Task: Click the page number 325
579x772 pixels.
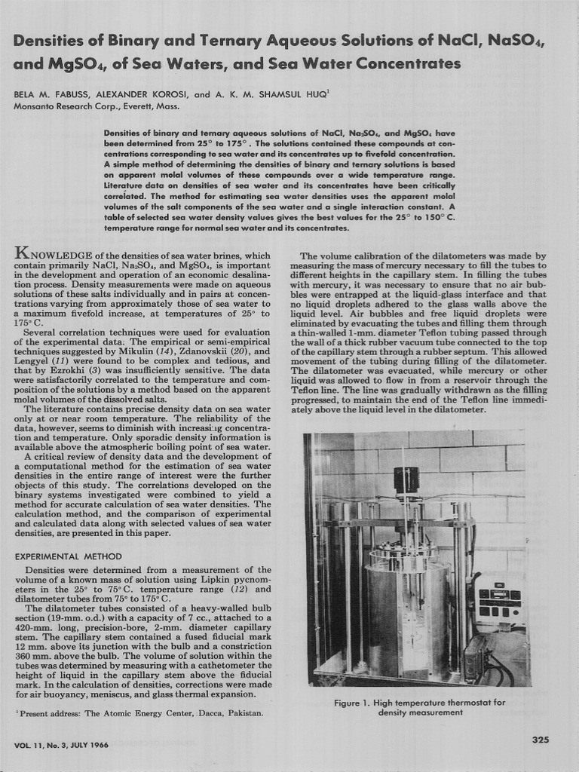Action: (x=540, y=740)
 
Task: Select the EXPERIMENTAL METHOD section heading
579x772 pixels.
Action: (x=68, y=556)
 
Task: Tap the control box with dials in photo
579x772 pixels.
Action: (x=501, y=604)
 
